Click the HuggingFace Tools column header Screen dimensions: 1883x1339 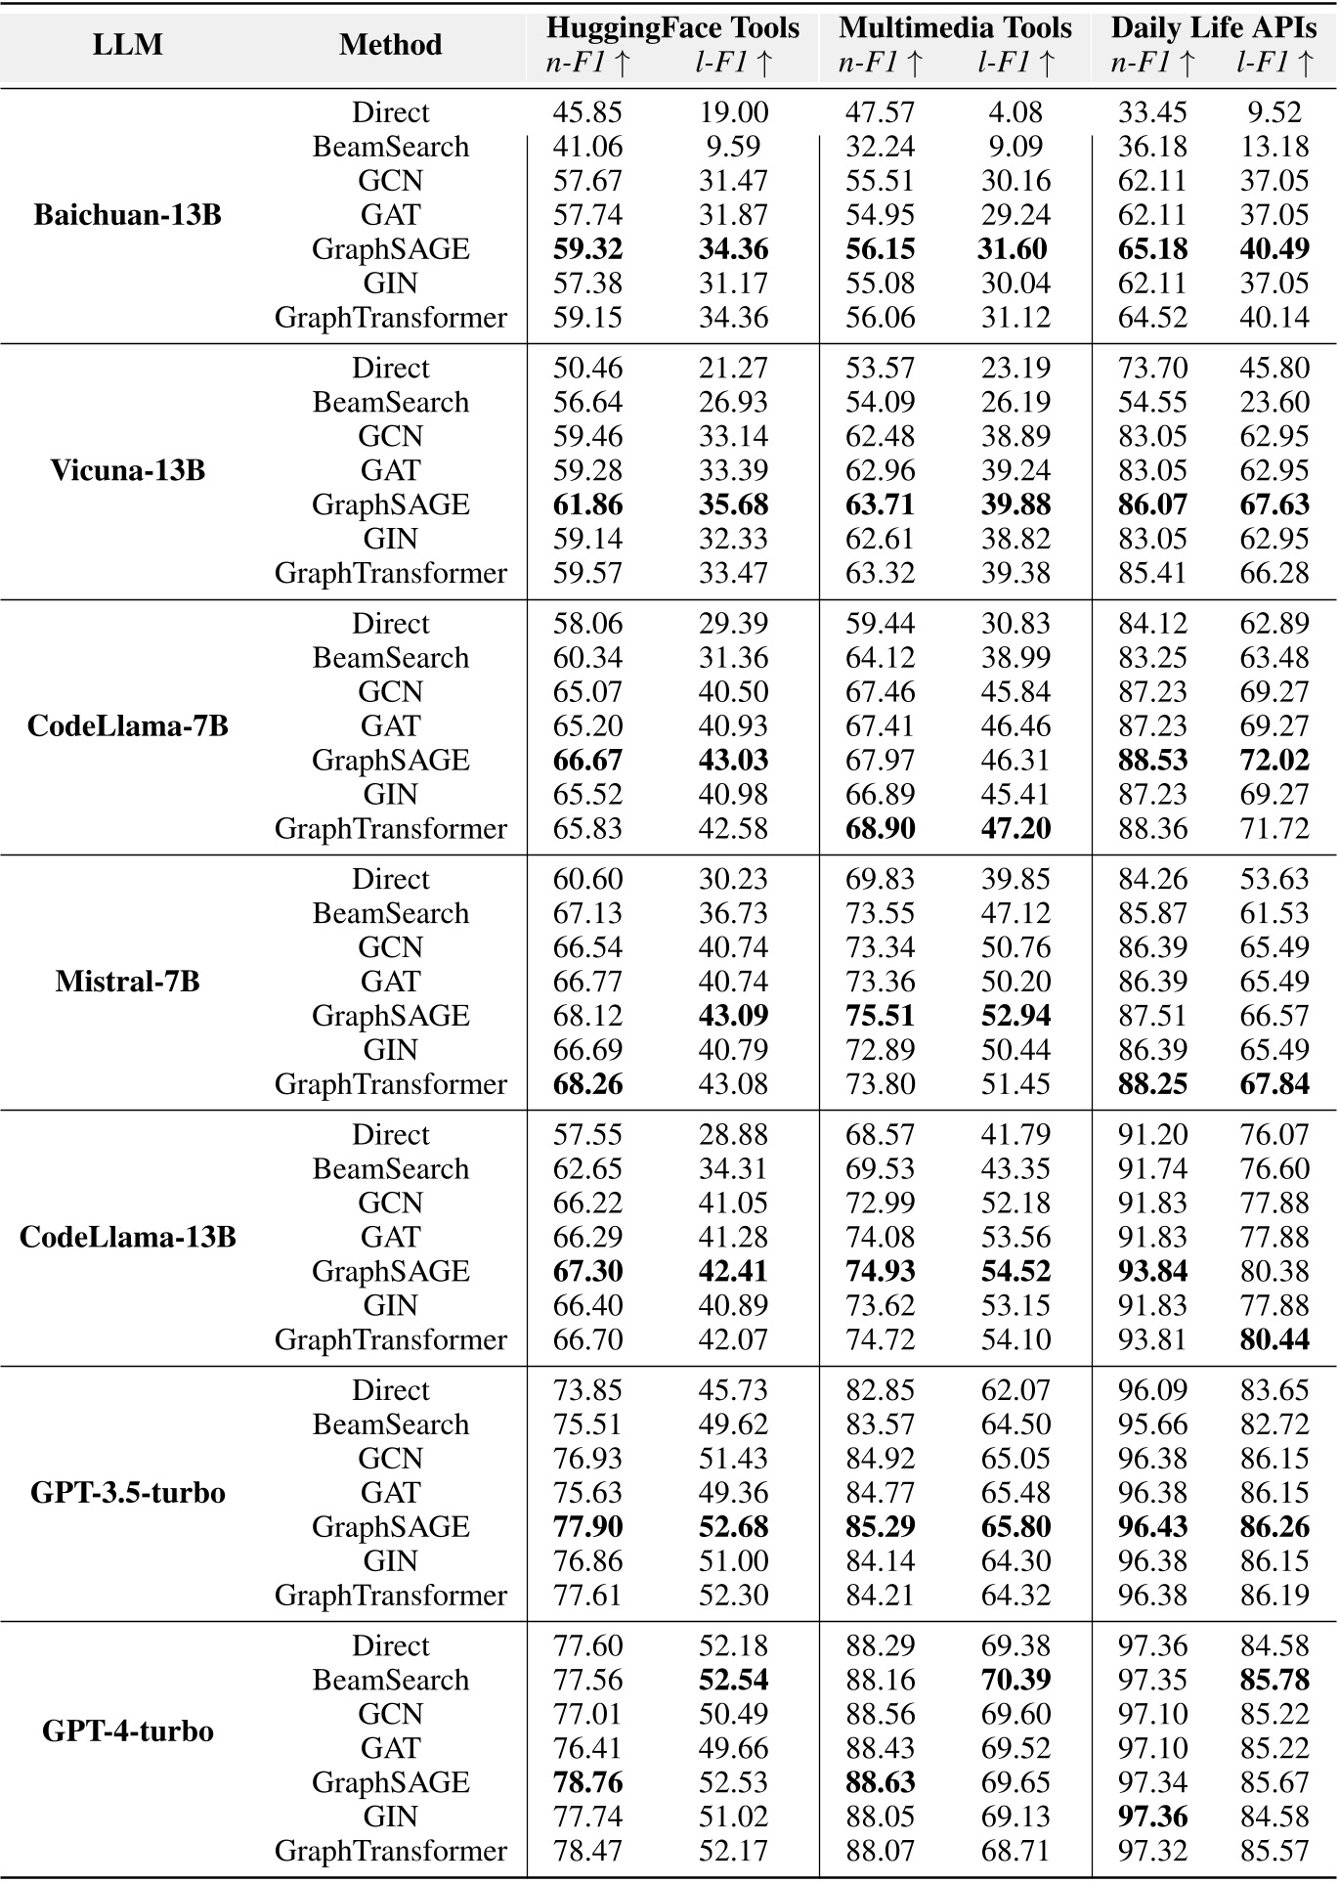coord(672,27)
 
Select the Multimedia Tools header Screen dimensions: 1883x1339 coord(955,27)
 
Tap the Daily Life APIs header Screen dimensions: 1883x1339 coord(1213,27)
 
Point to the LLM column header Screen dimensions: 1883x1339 coord(127,45)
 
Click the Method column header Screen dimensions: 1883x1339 coord(390,45)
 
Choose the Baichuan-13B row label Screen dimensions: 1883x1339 coord(127,215)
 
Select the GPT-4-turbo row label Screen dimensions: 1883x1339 coord(127,1731)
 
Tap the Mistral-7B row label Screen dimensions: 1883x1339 coord(127,981)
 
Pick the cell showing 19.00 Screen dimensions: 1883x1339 coord(733,112)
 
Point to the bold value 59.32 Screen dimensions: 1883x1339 coord(587,249)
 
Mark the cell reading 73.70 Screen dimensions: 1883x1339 coord(1152,369)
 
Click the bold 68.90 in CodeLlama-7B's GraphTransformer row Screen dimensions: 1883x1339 coord(880,829)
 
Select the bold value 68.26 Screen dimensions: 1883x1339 coord(587,1084)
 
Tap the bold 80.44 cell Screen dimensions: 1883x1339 coord(1274,1340)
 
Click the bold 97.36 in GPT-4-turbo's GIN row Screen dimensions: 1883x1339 coord(1152,1817)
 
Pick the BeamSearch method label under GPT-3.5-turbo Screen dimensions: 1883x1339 coord(390,1424)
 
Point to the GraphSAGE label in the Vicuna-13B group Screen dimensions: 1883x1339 coord(390,504)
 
